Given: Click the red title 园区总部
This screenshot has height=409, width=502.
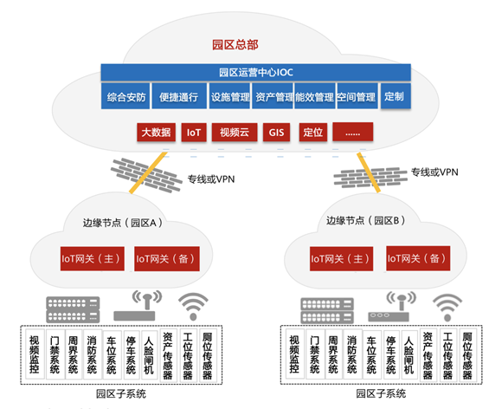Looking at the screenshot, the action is (235, 45).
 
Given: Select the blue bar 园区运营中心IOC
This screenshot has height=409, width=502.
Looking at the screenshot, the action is (256, 72).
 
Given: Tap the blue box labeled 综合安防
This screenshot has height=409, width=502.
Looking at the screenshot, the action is (125, 96).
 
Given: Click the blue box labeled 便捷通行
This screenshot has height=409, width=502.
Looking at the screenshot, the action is (179, 96).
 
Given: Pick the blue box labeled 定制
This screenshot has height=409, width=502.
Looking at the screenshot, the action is (396, 96).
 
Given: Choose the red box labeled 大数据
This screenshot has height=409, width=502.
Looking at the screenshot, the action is (157, 132).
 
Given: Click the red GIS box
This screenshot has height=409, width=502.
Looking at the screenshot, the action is (276, 132).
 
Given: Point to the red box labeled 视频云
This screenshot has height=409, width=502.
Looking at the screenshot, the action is (235, 132).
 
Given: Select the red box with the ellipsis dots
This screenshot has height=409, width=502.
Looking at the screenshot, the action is (353, 132).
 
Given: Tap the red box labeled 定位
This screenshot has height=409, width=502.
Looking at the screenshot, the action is (313, 132).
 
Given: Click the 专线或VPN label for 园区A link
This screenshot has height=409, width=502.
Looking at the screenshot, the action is (211, 179).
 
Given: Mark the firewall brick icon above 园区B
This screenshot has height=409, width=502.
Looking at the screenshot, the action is (370, 178).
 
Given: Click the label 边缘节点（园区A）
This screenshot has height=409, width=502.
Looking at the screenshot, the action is (123, 223).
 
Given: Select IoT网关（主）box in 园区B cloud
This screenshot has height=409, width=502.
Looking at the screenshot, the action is (341, 259).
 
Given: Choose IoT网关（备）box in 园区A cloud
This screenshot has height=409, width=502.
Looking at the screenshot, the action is (167, 259).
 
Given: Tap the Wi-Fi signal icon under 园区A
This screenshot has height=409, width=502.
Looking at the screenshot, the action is (193, 306).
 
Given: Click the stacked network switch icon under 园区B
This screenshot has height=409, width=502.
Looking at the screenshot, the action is (327, 310).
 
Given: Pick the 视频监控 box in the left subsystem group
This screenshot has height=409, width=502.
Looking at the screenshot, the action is (35, 354).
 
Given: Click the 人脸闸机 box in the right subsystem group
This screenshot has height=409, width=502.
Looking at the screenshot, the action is (409, 354).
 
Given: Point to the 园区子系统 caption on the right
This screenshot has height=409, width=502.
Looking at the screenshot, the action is (381, 393).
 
